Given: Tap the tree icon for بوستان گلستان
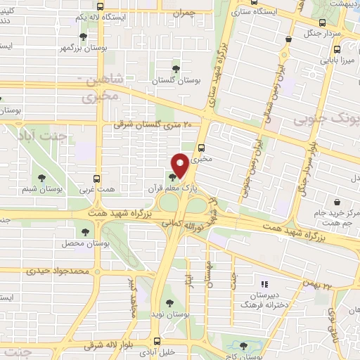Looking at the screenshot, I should (x=175, y=70).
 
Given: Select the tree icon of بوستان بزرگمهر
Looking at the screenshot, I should (x=84, y=37).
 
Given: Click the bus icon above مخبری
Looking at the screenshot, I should (x=202, y=148).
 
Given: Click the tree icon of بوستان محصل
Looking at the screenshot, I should (x=85, y=231).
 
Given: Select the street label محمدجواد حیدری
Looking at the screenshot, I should (x=56, y=270).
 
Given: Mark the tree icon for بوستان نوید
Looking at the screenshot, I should (x=168, y=303).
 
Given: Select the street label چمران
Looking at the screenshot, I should (x=182, y=13).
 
